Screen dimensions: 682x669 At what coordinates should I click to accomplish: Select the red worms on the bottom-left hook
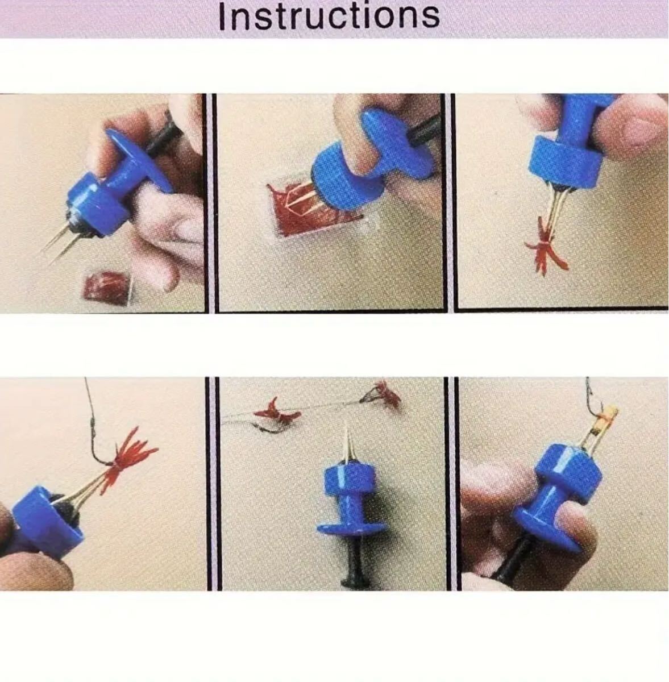pos(130,458)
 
